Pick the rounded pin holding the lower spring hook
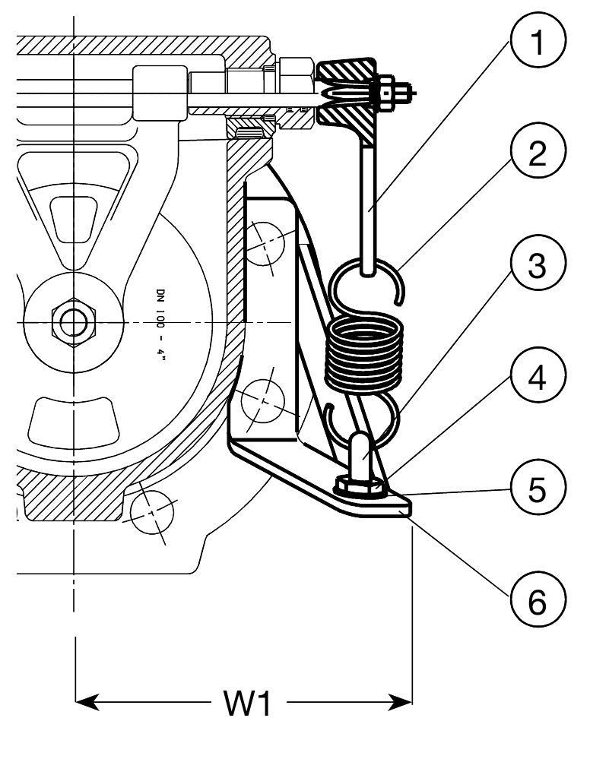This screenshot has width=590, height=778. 362,453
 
